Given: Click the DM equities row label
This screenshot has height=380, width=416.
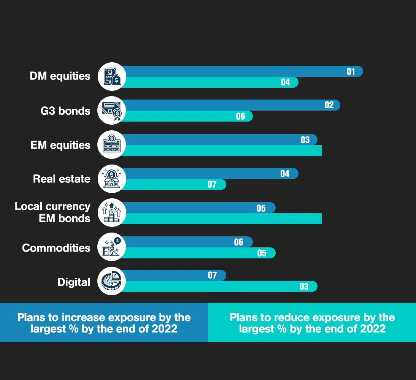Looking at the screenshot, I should (x=60, y=76).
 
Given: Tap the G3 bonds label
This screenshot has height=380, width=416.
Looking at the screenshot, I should (x=65, y=111).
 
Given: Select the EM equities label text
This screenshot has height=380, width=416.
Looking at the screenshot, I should (x=60, y=145).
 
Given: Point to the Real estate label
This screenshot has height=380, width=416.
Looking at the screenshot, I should (x=62, y=179).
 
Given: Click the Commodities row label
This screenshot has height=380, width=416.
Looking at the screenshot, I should (x=56, y=248).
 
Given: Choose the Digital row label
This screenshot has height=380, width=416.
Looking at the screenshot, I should (x=74, y=282).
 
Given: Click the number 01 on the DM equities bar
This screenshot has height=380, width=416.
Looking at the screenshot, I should (x=351, y=71).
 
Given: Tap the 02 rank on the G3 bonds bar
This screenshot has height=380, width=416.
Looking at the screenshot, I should (x=329, y=105).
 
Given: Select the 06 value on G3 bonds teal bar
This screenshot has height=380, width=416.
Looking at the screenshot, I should (x=240, y=116).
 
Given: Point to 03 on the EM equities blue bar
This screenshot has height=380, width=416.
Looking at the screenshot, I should (x=305, y=140).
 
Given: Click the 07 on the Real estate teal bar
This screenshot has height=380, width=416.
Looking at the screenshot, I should (x=212, y=185).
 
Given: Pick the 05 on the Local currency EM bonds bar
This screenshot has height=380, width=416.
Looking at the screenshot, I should (x=261, y=208).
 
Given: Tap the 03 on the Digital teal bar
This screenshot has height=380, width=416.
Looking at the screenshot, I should (x=304, y=287).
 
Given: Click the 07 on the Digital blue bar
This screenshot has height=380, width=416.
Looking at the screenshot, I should (x=212, y=275).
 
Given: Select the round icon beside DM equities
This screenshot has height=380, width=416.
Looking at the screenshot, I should (x=111, y=76).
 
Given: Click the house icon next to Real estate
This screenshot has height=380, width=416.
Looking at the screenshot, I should (x=111, y=179).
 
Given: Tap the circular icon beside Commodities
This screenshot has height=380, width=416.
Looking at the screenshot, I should (x=111, y=247).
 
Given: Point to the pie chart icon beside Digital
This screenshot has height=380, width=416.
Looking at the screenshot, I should (x=111, y=281).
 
